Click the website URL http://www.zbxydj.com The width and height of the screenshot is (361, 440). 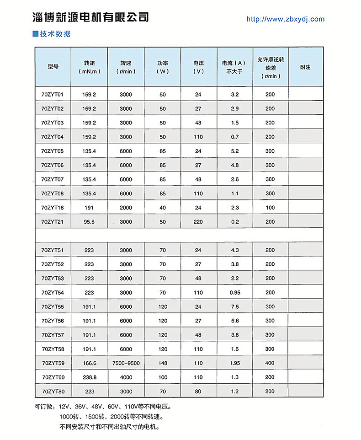pos(285,19)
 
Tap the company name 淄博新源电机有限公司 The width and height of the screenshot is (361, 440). pos(91,17)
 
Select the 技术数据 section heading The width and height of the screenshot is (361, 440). pos(55,34)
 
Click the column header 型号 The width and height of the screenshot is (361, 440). pos(53,67)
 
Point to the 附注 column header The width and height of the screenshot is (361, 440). pos(305,67)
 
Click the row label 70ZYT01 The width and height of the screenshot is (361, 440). pos(53,95)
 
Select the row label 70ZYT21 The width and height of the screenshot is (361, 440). pos(53,222)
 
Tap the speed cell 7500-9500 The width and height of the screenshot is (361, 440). pos(126,363)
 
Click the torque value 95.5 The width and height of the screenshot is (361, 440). pos(89,222)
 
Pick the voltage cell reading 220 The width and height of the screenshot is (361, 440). pos(198,222)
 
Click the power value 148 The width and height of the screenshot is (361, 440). pos(163,363)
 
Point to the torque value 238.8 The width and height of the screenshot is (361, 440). pos(89,377)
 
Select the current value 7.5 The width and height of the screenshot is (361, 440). pos(235,306)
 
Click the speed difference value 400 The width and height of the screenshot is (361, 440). pos(270,363)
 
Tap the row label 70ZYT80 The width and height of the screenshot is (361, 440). pos(53,392)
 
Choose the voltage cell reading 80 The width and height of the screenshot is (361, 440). pos(198,392)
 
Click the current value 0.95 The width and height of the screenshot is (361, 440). pos(235,292)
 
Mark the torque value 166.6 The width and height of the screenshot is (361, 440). pos(89,363)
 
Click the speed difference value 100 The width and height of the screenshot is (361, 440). pos(270,208)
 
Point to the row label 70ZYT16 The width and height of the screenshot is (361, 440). pos(53,208)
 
